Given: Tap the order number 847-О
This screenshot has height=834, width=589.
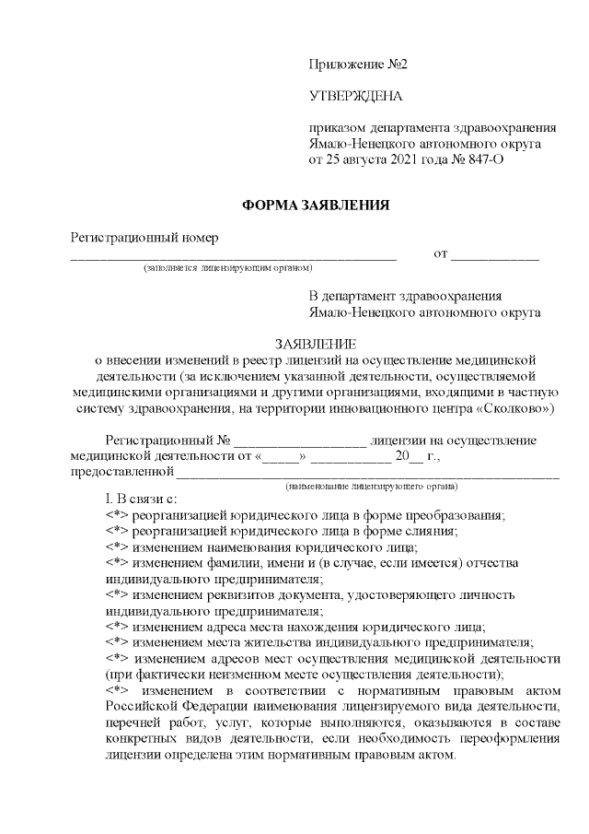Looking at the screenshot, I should coord(475,159).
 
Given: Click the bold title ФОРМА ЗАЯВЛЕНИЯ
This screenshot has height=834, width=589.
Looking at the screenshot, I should coord(317,205).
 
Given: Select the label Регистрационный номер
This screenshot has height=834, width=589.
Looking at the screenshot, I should coord(144,237).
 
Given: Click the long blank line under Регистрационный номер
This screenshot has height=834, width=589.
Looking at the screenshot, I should coord(234,257).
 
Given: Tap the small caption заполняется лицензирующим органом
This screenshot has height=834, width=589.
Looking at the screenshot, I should coord(226,268).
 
